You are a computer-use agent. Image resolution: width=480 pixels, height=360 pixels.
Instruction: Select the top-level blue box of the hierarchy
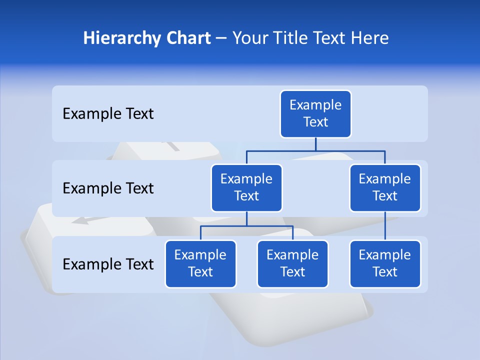pos(315,114)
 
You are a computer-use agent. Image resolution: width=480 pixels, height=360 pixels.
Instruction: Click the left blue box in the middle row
pos(246,188)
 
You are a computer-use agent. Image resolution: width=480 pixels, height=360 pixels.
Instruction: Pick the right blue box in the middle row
pos(385,188)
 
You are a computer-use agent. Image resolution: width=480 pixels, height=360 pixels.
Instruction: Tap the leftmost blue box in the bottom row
pos(200,264)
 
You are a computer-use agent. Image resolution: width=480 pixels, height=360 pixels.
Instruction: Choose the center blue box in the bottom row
pos(292,264)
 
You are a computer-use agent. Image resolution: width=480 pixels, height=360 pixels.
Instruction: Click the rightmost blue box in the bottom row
pos(385,264)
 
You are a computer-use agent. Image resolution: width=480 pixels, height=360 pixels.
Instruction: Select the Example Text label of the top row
pos(108,114)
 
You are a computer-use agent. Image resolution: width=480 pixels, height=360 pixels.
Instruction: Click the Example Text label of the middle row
pos(108,188)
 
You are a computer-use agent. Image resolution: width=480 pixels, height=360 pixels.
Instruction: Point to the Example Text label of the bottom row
pos(108,264)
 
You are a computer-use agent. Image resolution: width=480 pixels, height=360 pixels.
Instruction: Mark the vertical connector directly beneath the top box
pos(315,144)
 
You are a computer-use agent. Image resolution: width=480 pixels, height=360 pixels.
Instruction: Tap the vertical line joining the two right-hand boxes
pos(385,226)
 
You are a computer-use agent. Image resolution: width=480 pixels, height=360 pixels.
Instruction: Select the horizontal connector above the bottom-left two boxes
pos(246,226)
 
